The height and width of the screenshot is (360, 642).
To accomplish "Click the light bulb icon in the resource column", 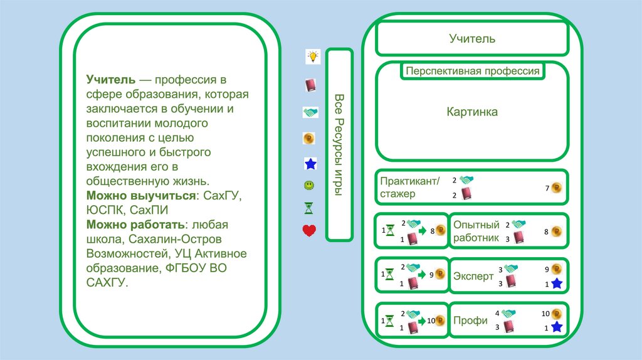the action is (312, 56).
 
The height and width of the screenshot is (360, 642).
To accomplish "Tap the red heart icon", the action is (309, 231).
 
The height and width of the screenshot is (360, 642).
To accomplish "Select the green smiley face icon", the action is (309, 186).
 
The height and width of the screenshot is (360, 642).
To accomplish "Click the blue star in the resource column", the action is (310, 164).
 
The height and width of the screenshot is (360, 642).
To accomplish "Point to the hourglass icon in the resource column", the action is (309, 208).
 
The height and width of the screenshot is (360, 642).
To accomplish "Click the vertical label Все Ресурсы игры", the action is (339, 145).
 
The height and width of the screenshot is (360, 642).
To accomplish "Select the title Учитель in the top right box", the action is (471, 39).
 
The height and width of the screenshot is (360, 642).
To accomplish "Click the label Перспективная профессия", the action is (472, 71).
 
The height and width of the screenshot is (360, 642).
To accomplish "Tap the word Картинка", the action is (472, 112).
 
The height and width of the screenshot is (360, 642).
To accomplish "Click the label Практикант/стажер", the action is (410, 188).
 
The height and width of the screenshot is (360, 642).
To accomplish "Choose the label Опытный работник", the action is (476, 231).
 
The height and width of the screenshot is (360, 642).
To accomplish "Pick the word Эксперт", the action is (473, 276).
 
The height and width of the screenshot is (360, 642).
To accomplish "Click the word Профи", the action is (470, 320).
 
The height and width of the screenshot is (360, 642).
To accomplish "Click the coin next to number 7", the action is (556, 188).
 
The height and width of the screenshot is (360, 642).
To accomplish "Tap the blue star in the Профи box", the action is (556, 327).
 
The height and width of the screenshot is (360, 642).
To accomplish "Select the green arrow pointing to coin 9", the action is (423, 274).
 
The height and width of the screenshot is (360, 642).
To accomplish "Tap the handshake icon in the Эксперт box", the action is (510, 268).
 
